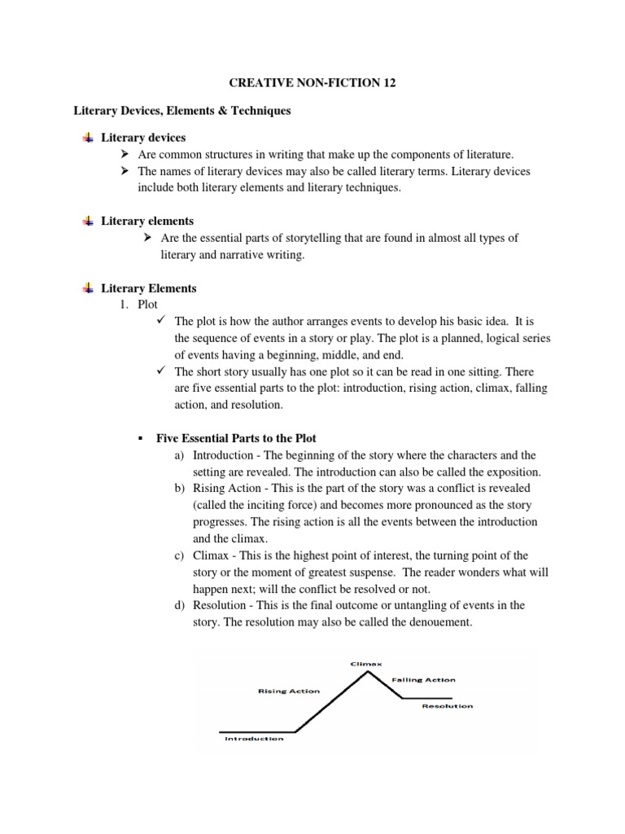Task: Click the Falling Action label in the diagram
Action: tap(423, 679)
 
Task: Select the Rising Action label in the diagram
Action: tap(288, 691)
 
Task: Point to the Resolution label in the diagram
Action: tap(447, 706)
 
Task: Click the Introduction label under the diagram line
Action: tap(254, 739)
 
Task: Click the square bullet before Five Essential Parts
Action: tap(141, 439)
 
